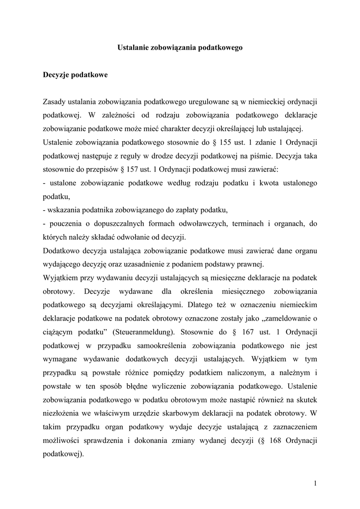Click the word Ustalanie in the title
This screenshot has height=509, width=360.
(133, 48)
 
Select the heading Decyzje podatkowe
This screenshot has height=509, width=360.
(75, 75)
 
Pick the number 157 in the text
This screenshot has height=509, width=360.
(136, 170)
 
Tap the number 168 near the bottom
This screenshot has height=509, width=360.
(270, 440)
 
